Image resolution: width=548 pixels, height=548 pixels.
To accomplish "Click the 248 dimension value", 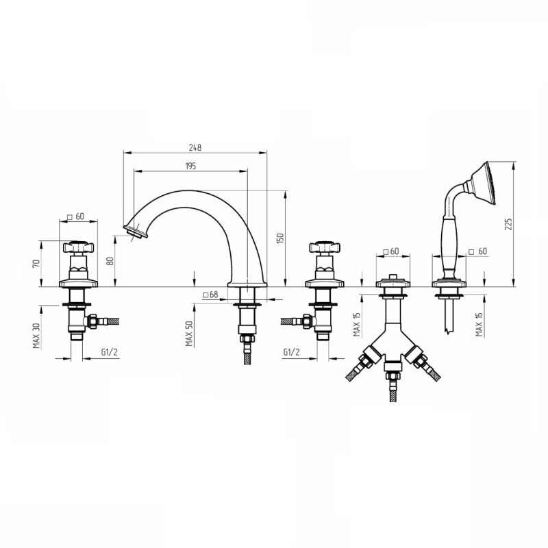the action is pos(195,147).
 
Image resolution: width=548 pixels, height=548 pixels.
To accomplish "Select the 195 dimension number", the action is pos(190,166).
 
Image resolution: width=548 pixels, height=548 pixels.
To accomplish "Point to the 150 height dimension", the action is pos(280,238).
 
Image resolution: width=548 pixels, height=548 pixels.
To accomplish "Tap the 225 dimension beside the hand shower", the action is pos(508,224).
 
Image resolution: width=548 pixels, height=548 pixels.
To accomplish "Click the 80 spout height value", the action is pos(110,261).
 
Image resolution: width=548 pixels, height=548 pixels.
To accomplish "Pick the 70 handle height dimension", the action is pos(36,263).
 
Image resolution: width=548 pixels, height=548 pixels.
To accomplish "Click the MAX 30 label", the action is pos(36,335).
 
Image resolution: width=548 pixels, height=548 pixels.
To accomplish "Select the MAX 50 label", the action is pos(189,334).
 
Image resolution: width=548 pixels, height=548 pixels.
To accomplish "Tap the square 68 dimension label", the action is pos(211,295).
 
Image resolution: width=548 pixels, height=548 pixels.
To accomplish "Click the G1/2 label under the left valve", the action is pos(110,352).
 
